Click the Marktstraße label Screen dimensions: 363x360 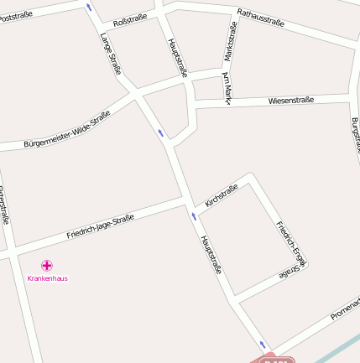click(x=230, y=41)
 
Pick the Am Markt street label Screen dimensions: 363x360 click(x=226, y=88)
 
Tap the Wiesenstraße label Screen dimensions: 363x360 click(x=291, y=100)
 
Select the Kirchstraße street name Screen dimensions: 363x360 click(x=222, y=195)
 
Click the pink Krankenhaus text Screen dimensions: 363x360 click(x=48, y=277)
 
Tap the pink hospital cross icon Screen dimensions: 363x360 click(x=47, y=265)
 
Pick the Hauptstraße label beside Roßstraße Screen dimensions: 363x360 click(x=176, y=57)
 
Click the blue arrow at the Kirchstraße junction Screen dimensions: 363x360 click(x=194, y=216)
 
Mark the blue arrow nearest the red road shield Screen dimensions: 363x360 click(x=263, y=345)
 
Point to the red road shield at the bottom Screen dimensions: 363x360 click(x=275, y=359)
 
